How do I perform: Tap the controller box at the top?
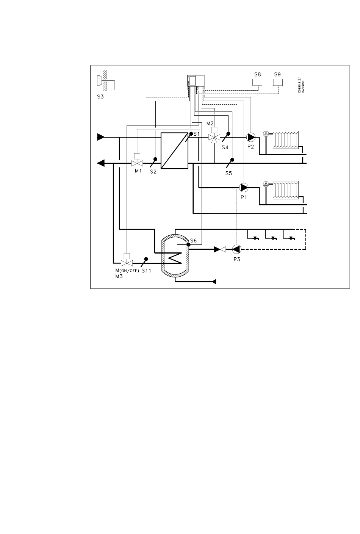click(x=196, y=81)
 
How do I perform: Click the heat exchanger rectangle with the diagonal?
click(x=174, y=150)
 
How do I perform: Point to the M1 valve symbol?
click(x=137, y=163)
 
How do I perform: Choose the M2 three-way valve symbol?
click(x=214, y=138)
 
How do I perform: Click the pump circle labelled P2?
click(x=250, y=137)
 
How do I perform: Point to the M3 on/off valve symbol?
click(x=127, y=263)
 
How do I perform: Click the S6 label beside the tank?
click(x=193, y=240)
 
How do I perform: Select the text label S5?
click(x=229, y=173)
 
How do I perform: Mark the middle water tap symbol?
click(x=272, y=238)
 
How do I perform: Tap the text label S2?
click(x=153, y=172)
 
